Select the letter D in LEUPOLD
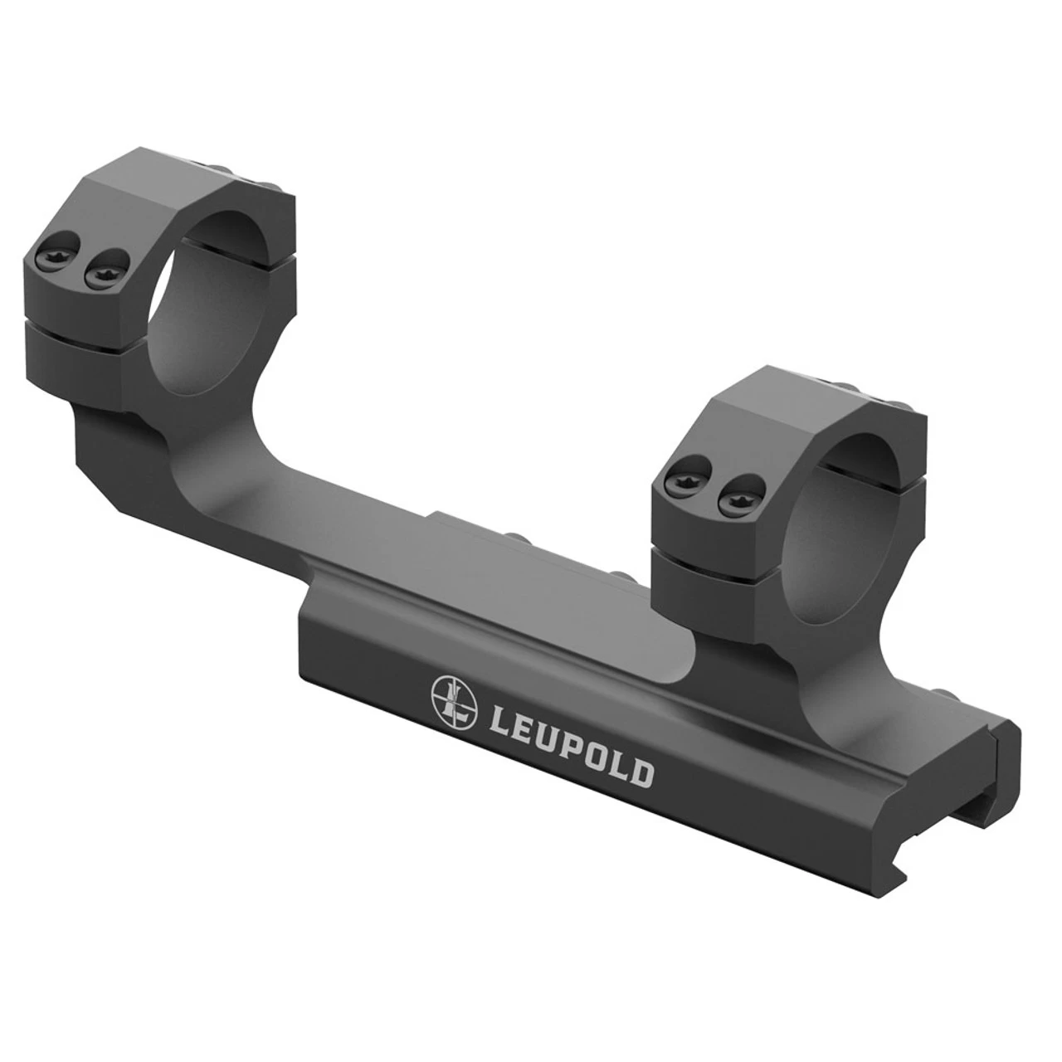[640, 773]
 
